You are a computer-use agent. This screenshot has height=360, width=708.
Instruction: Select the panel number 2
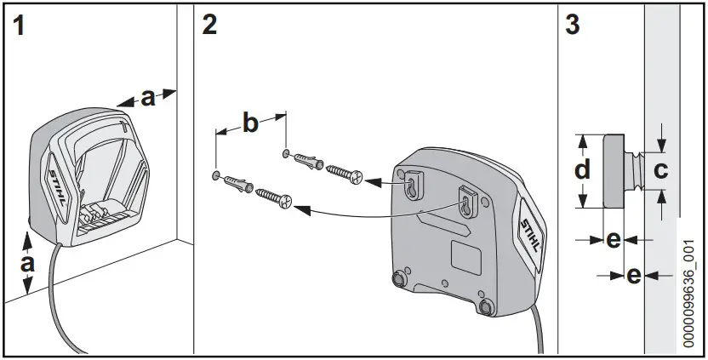pos(209,25)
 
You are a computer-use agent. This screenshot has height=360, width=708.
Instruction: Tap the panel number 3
pos(573,25)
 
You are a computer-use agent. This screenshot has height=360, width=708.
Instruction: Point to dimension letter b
pos(250,123)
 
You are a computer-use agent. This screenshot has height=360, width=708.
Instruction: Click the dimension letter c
pos(659,170)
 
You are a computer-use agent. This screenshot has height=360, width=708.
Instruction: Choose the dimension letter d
pos(581,170)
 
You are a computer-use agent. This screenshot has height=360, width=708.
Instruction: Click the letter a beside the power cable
pos(27,264)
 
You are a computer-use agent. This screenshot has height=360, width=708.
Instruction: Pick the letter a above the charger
pos(148,99)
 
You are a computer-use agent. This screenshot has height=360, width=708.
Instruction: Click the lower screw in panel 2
pos(273,197)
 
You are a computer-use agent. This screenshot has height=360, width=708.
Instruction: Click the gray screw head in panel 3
pos(612,170)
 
